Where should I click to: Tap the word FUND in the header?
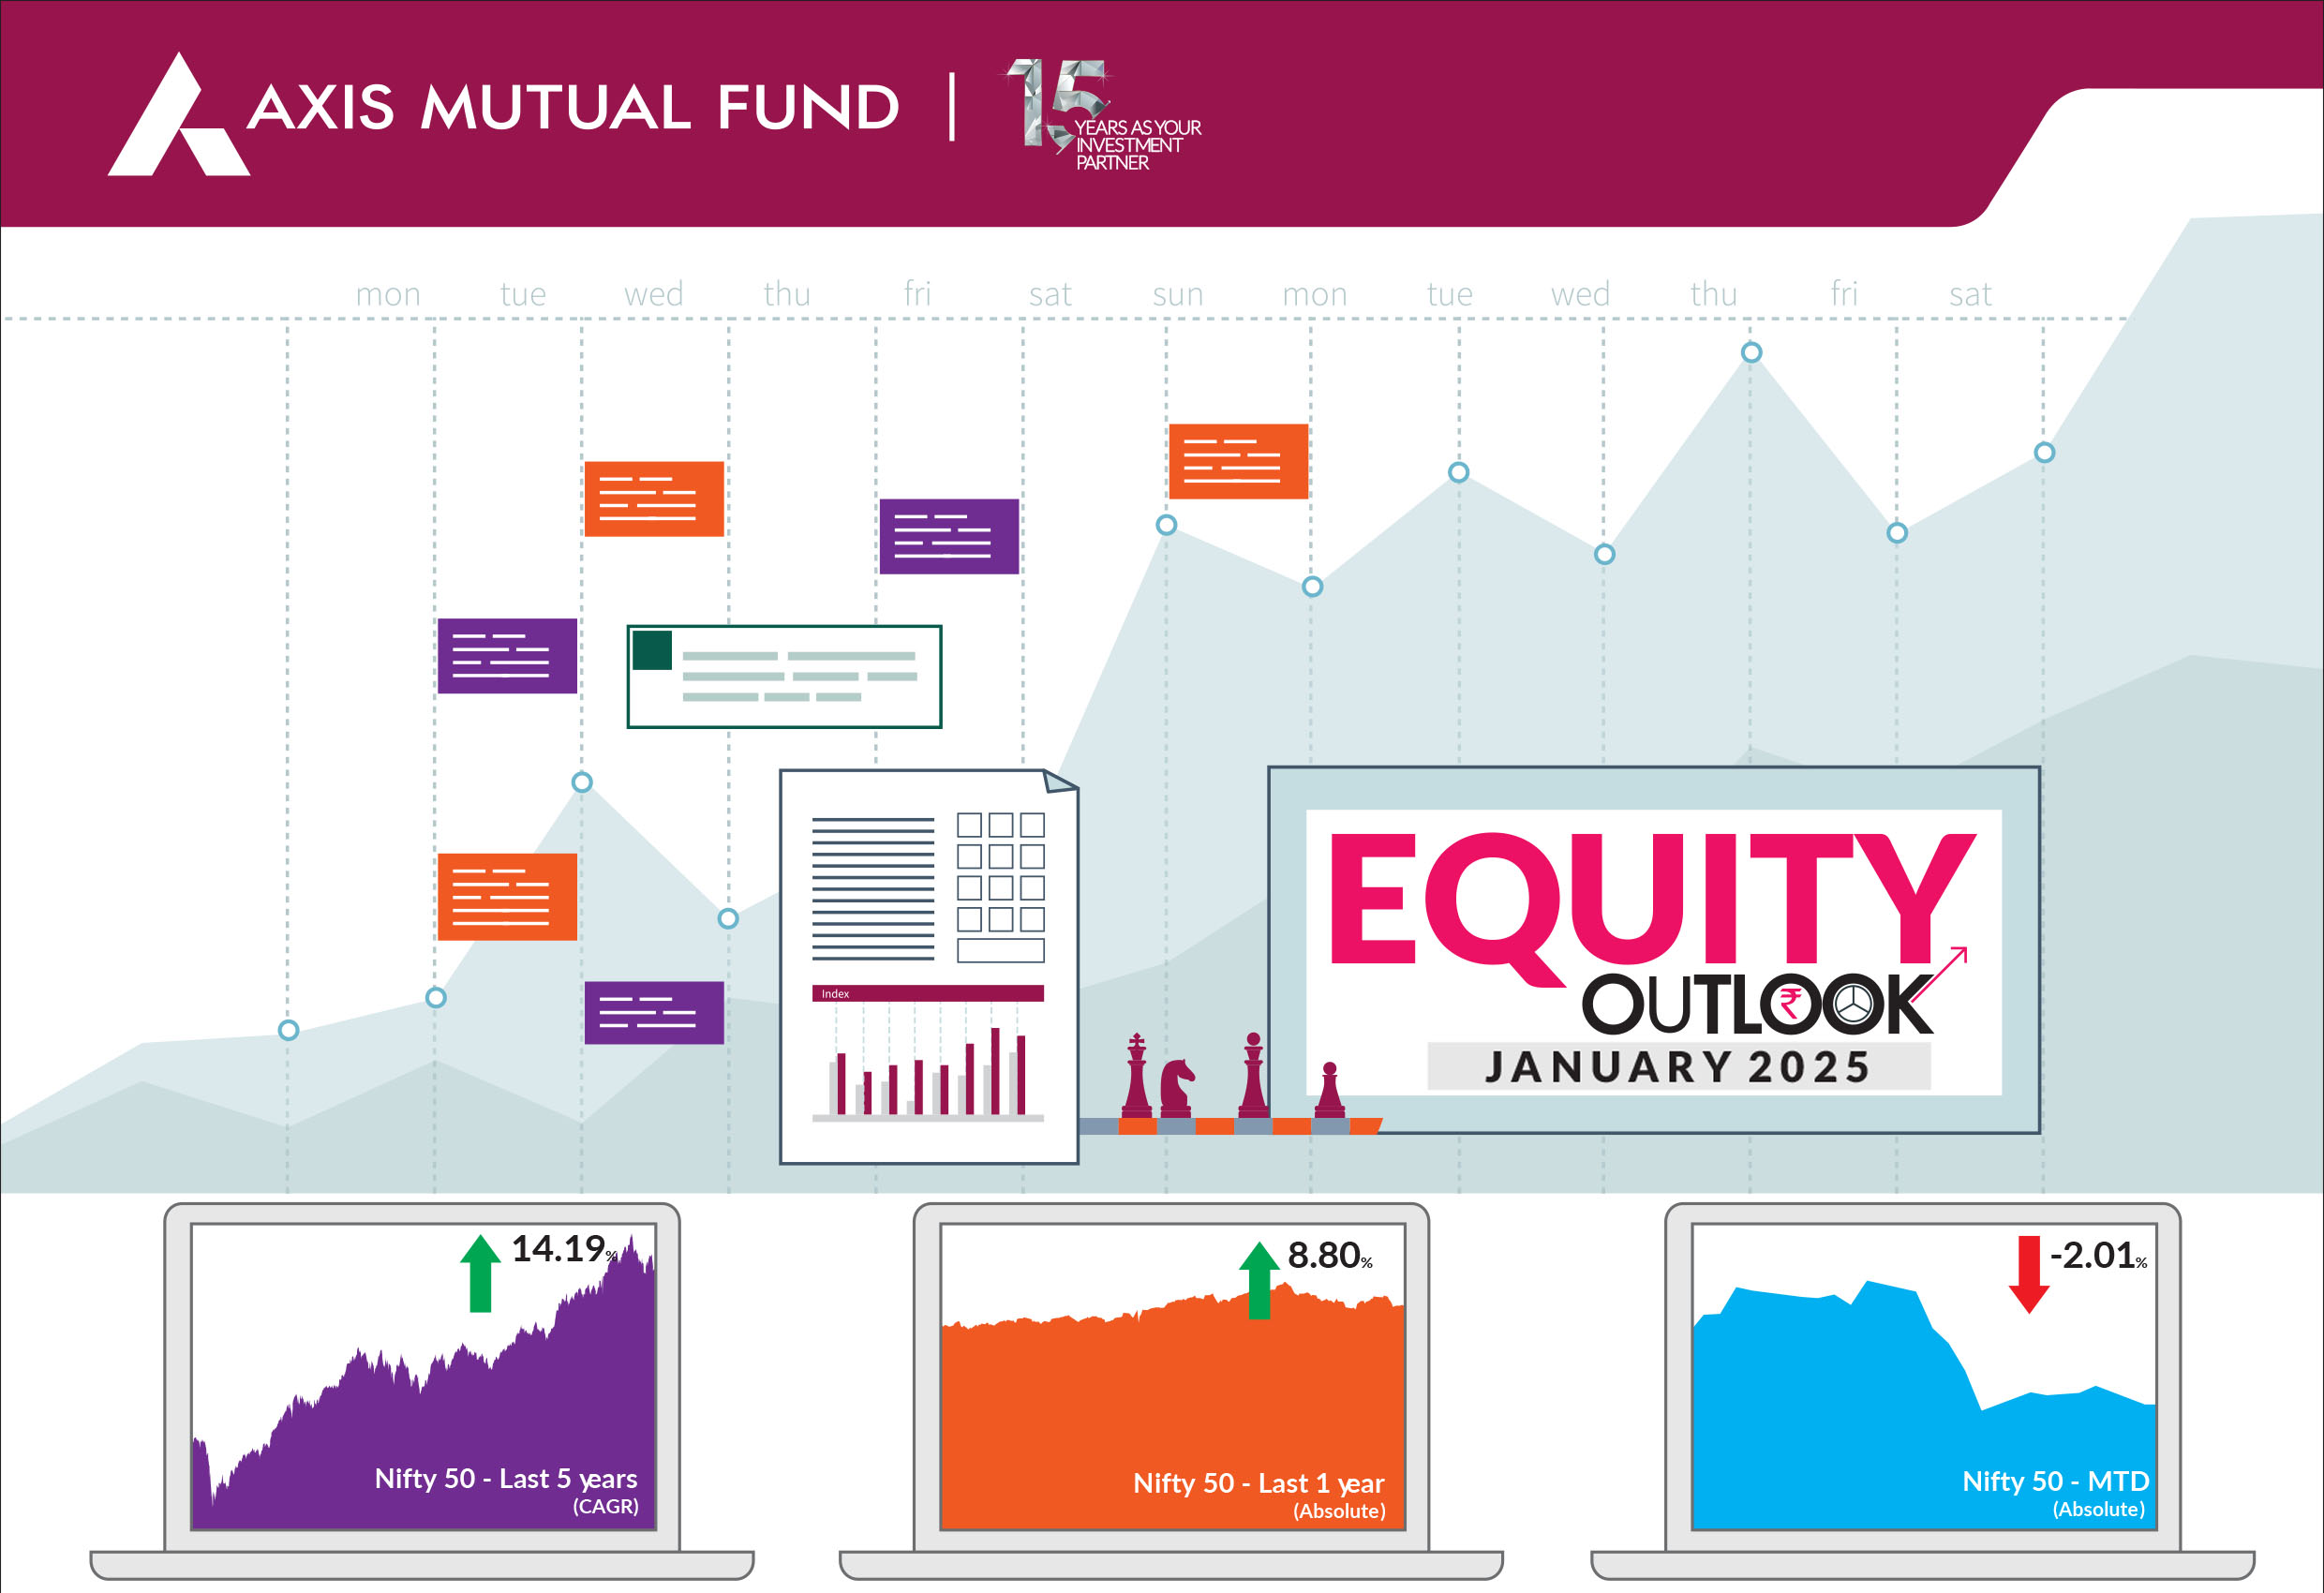(809, 107)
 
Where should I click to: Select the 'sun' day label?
(1177, 295)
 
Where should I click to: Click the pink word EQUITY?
(1652, 900)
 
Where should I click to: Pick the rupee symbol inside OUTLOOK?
(1790, 1002)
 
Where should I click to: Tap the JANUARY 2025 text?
(1678, 1067)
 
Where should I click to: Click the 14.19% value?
(564, 1249)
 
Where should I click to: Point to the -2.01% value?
(2098, 1255)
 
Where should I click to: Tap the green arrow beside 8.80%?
(1259, 1280)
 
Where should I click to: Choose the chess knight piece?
(1176, 1088)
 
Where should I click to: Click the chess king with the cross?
(1137, 1076)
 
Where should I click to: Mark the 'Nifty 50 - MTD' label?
(2055, 1481)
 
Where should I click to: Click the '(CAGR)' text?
(605, 1506)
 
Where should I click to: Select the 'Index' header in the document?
(835, 994)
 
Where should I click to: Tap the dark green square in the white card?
(652, 650)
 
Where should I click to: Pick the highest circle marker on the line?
(1751, 352)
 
